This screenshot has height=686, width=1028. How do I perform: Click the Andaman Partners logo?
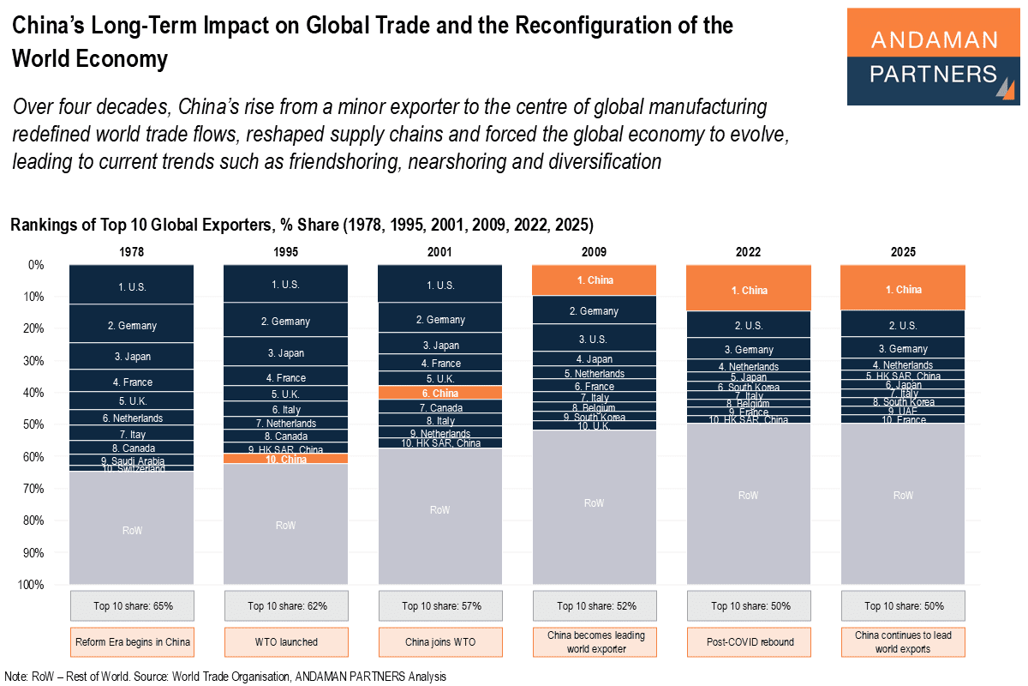click(x=933, y=57)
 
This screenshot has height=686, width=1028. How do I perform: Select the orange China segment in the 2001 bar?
click(x=439, y=393)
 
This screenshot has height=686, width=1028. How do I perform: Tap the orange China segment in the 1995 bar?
click(x=285, y=460)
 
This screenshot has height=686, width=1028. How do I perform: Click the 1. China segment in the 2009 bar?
click(x=594, y=280)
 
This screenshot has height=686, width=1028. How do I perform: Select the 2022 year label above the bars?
click(x=748, y=252)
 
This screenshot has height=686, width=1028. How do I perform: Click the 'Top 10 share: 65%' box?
click(x=132, y=606)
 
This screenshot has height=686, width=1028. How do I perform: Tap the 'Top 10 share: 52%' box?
click(x=594, y=606)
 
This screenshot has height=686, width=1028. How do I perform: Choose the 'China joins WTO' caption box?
click(x=439, y=641)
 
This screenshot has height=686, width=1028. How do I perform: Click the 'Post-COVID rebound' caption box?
click(x=748, y=641)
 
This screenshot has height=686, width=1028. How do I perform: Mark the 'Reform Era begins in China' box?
click(x=132, y=641)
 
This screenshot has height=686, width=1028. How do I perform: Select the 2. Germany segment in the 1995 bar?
click(x=285, y=321)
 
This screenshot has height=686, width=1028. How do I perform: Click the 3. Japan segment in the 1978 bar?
click(x=132, y=356)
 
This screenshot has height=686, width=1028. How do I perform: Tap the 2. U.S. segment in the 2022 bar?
click(x=748, y=325)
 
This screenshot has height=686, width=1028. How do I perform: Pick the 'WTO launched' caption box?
click(x=285, y=641)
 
